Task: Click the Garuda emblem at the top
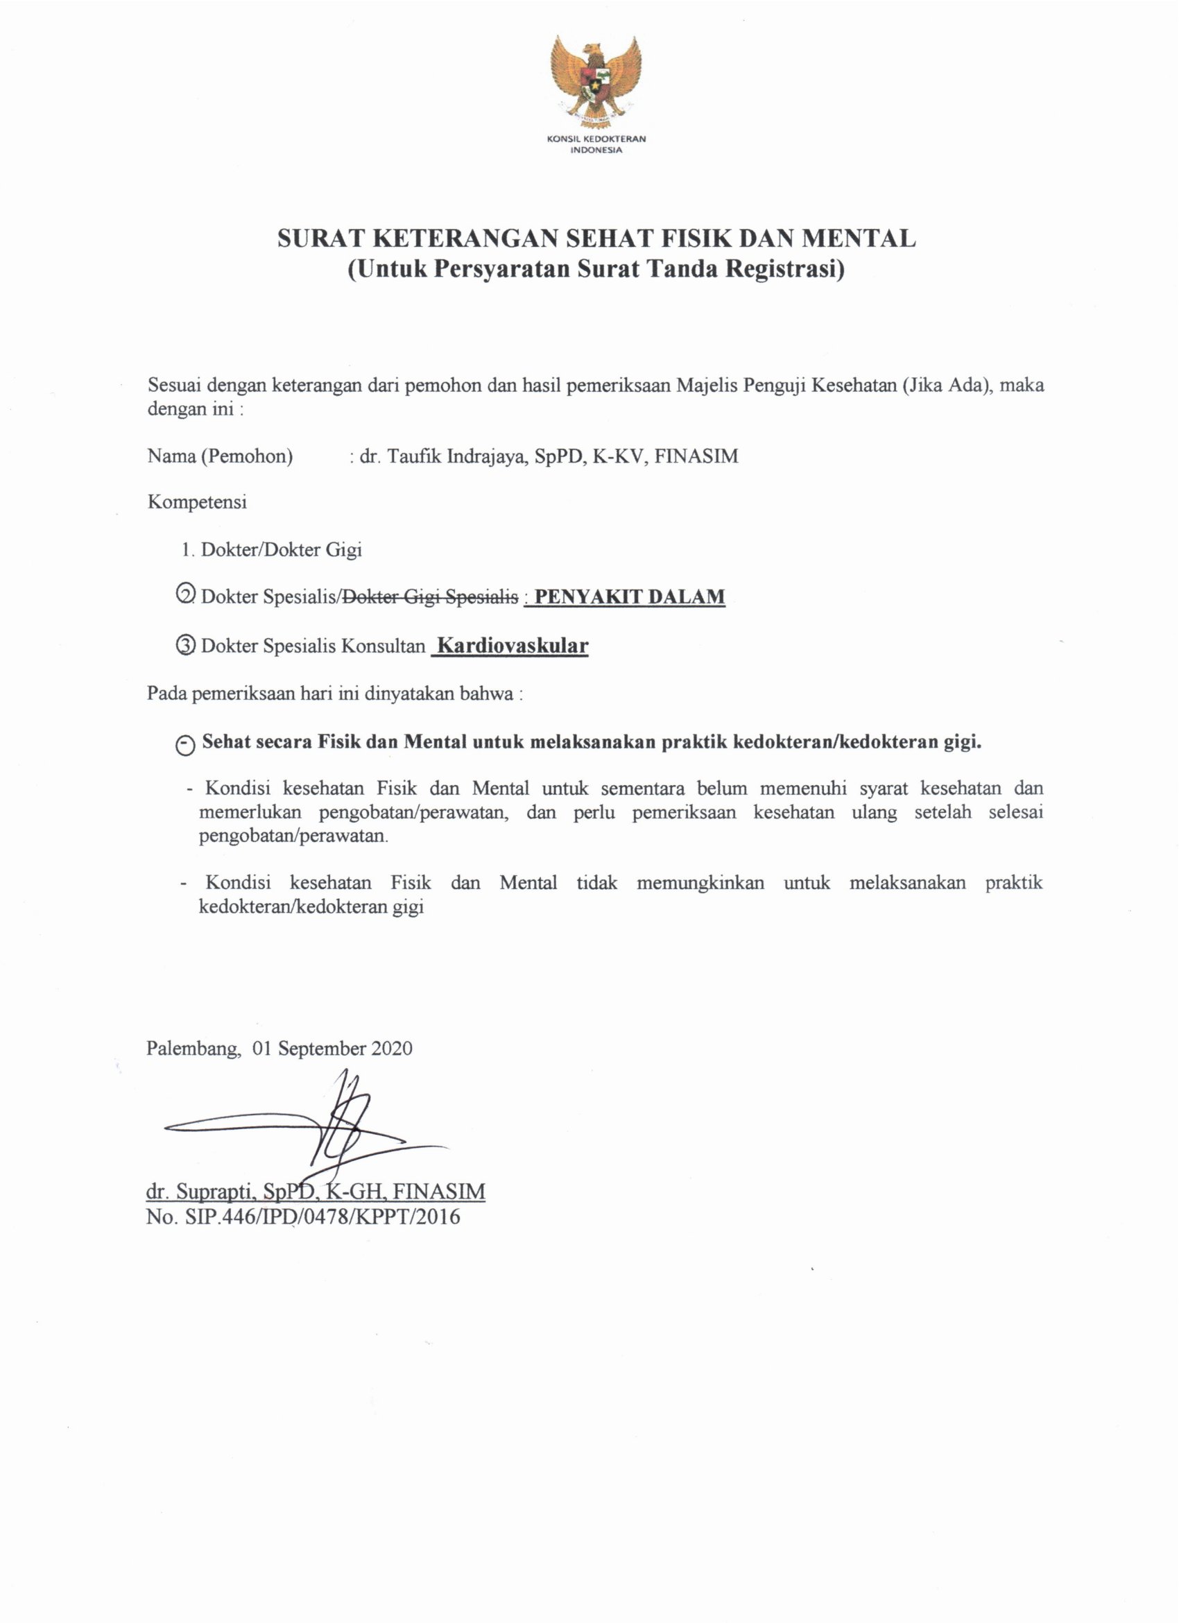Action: pos(595,80)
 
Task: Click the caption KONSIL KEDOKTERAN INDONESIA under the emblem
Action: pos(595,144)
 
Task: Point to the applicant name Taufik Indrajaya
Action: pos(456,456)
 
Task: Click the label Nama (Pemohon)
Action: pos(221,456)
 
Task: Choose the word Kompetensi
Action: pos(197,501)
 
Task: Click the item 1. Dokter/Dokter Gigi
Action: pos(272,549)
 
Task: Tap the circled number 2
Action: pos(184,595)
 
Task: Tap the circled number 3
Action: pos(184,645)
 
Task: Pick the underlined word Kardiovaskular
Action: pos(513,646)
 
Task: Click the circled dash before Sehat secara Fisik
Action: pos(184,744)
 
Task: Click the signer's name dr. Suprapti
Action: pos(200,1192)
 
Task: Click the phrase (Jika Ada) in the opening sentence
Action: pos(947,385)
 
